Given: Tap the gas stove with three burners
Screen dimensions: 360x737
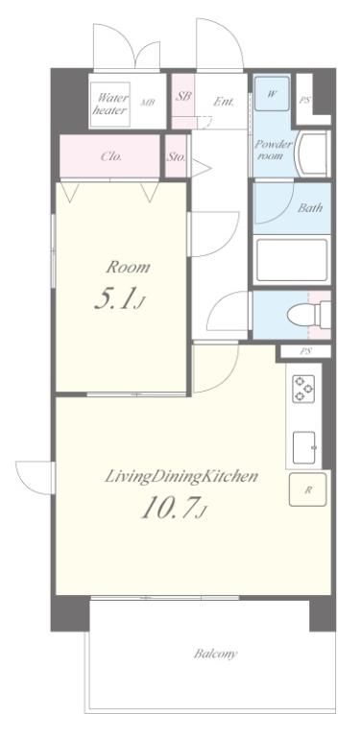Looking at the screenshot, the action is click(302, 388).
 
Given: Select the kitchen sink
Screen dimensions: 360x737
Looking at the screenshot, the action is click(304, 447).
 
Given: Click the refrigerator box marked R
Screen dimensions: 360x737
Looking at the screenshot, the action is click(308, 489).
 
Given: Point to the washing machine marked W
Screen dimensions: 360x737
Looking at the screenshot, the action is click(272, 93).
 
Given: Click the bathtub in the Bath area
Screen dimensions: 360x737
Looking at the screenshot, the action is click(292, 260).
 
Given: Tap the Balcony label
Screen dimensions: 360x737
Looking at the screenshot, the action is click(216, 654).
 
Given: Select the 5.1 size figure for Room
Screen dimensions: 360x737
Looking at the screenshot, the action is click(117, 299).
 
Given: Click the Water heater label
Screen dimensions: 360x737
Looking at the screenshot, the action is click(110, 104).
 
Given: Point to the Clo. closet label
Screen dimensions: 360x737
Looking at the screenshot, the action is click(111, 156).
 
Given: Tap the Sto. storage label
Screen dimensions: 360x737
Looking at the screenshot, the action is click(177, 157).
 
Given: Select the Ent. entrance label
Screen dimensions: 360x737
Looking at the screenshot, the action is click(224, 101).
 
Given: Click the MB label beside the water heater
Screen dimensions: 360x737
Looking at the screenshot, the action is click(148, 102).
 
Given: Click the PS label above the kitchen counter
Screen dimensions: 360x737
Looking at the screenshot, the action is click(305, 350).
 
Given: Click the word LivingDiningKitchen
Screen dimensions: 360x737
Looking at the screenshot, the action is click(180, 476).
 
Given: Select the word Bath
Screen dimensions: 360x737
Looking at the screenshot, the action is click(310, 207).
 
